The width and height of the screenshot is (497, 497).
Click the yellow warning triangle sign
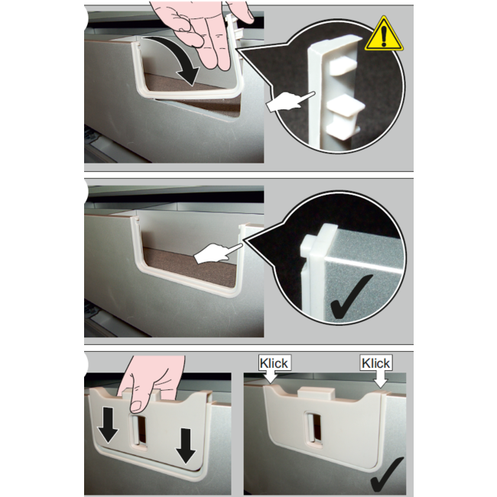(x=384, y=36)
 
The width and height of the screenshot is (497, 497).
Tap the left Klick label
(x=274, y=363)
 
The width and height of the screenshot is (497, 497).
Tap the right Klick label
(x=376, y=363)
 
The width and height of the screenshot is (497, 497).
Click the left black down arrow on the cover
(x=108, y=425)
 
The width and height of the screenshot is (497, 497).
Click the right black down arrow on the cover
(x=186, y=446)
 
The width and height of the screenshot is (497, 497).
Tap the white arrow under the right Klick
(x=380, y=379)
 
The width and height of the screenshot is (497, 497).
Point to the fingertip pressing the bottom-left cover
(x=137, y=406)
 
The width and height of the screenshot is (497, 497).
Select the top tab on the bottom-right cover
(x=316, y=393)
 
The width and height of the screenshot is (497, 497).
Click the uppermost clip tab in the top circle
(x=343, y=66)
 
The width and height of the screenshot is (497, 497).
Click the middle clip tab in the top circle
(x=346, y=106)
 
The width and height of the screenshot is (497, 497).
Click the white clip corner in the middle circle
(x=317, y=241)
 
